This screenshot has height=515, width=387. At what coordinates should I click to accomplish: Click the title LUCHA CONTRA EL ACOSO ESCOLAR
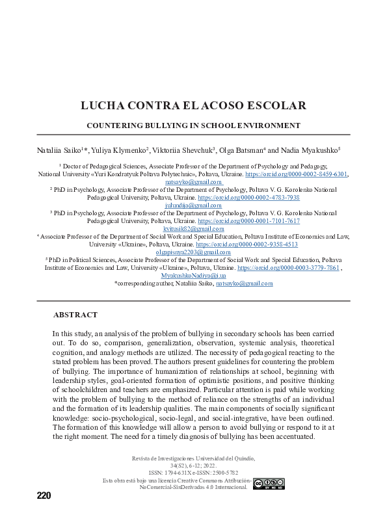(193, 106)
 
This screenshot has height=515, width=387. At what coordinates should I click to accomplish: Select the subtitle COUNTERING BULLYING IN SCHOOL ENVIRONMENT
(193, 125)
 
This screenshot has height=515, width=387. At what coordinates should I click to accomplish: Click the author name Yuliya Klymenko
(120, 150)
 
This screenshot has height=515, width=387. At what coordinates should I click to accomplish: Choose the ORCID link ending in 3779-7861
(288, 268)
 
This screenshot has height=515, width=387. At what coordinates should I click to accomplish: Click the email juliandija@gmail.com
(193, 205)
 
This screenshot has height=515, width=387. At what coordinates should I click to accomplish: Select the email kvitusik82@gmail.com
(193, 229)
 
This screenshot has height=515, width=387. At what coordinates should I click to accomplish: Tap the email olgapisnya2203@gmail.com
(193, 252)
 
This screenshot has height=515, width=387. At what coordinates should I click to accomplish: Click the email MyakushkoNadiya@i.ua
(193, 276)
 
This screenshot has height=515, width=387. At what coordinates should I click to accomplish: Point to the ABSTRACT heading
(75, 315)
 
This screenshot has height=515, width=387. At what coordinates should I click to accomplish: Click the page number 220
(44, 496)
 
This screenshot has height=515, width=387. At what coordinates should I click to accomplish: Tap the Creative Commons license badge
(267, 484)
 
